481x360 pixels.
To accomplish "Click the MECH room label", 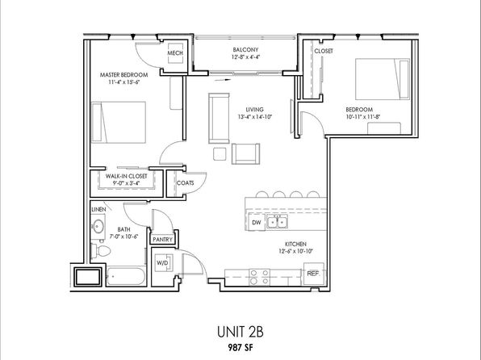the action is pos(175,53).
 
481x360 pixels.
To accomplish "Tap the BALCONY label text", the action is pos(245,50).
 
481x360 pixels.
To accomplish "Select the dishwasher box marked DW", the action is pos(257,222).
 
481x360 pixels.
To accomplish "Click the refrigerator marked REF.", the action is pos(313,274).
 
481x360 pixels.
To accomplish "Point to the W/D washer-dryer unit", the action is pos(163,263).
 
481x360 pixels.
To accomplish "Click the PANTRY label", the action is pos(162,240).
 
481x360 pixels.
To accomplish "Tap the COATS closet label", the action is pos(186,183).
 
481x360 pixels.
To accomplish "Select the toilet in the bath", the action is pos(101,251).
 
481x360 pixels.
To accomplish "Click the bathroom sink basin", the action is pos(98,227).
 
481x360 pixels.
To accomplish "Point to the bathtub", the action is pos(127,277).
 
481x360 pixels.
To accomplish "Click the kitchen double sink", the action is pos(277,221).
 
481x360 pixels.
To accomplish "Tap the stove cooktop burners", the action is pos(260,277).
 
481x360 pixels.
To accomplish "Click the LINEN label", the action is pos(98,210).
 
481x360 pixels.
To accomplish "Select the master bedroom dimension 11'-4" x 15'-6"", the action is pos(124,82).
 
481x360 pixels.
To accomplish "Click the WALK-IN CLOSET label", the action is pos(127,176).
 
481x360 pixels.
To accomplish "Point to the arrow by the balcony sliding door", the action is pos(223,80).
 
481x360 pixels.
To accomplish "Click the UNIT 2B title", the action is pos(240,332).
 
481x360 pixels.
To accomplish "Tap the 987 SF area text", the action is pos(240,347).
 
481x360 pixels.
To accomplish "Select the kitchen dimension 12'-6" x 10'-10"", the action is pos(295,251).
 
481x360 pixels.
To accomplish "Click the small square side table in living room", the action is pos(220,153).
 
